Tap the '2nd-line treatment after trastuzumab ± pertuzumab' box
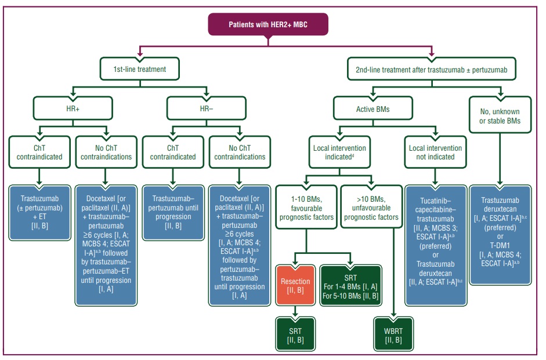[432, 69]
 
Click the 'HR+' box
[72, 107]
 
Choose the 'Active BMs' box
[373, 107]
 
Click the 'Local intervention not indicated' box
[435, 152]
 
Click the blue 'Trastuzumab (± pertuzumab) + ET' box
[39, 205]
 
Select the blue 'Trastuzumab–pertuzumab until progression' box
[172, 205]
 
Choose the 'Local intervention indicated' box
[339, 152]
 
